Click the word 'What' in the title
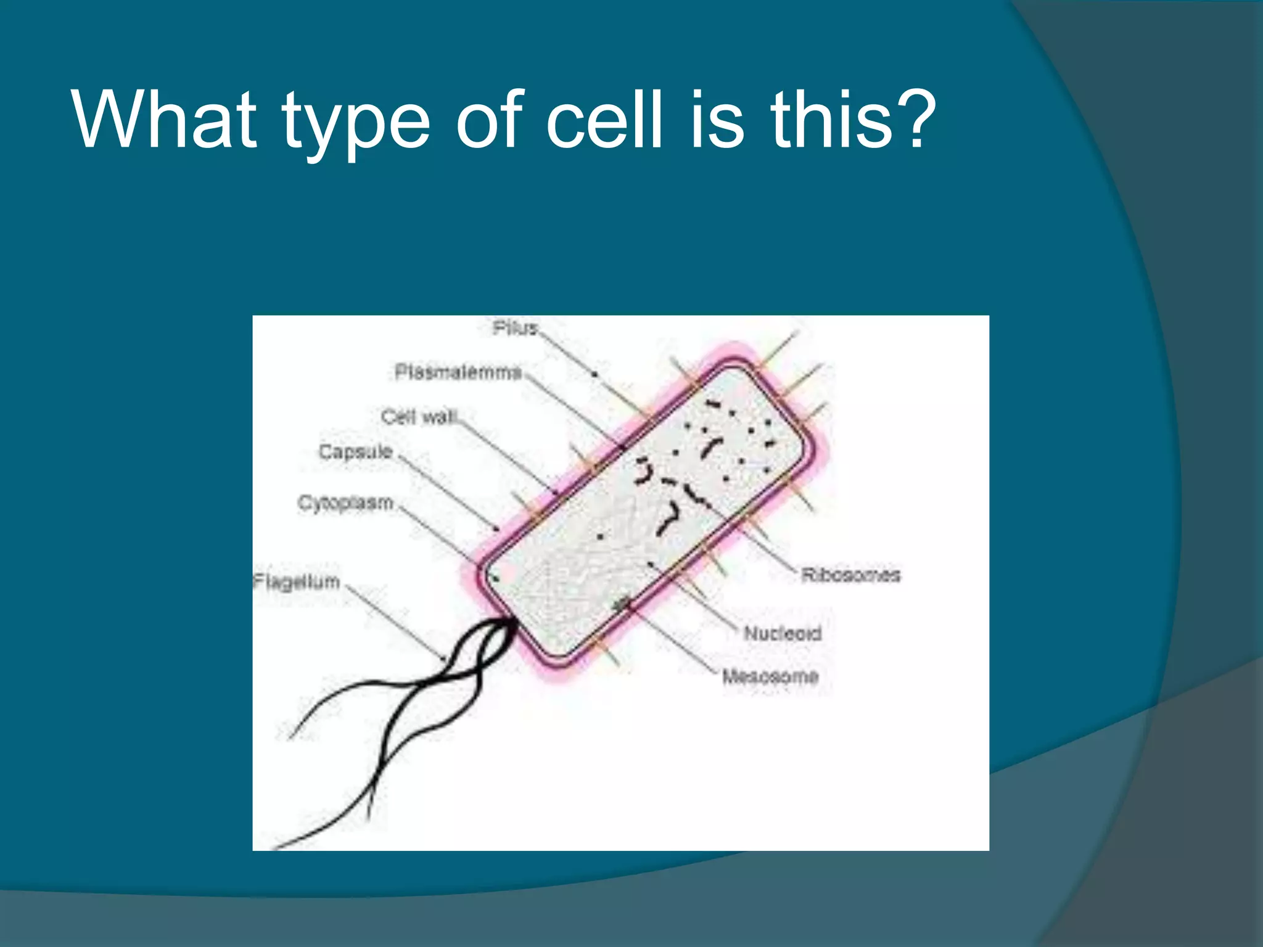(164, 120)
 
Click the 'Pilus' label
(515, 328)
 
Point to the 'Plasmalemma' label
(458, 372)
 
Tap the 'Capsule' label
(355, 452)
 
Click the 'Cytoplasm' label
(345, 503)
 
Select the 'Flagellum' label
(297, 581)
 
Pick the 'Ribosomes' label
(850, 575)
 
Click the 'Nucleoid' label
(783, 633)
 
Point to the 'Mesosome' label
(770, 676)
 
